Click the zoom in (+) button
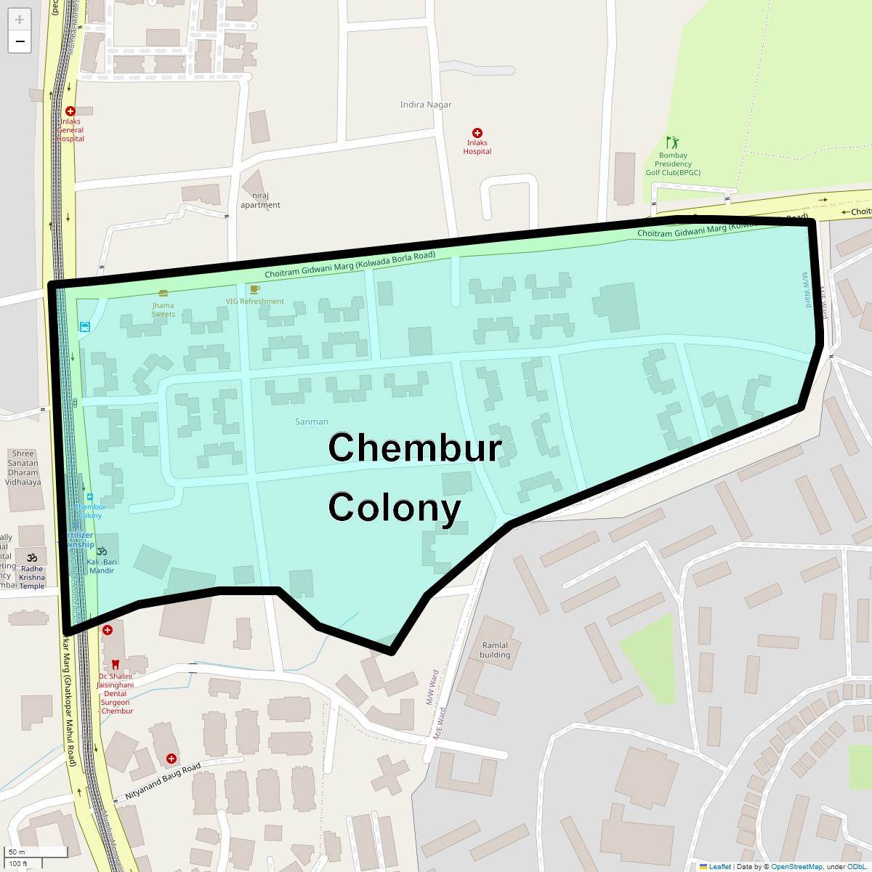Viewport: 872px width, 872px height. pos(20,20)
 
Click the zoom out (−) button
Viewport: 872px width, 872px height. pos(20,41)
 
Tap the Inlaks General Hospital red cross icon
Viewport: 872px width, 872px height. pos(70,111)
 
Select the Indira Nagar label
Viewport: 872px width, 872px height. pos(426,105)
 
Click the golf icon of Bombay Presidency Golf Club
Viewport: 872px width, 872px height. pos(673,142)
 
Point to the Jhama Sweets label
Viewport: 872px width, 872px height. pos(163,310)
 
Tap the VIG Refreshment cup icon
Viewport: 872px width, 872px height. pos(255,289)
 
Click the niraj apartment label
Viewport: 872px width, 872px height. pos(260,201)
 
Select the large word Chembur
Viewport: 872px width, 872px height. pos(415,448)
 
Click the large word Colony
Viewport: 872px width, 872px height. pos(395,507)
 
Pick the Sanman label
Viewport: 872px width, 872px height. pos(312,421)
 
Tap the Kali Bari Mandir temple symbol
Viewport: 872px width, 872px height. pos(102,551)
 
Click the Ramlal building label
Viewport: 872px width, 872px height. pos(495,650)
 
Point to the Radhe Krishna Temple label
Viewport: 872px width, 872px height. pos(32,578)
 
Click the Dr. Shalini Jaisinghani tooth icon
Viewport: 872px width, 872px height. pos(115,664)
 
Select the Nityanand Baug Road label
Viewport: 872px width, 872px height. pos(163,783)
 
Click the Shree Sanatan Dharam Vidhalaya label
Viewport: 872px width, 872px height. pos(23,467)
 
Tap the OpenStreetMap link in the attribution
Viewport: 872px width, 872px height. pos(796,866)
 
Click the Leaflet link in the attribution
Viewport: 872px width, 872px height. pos(719,866)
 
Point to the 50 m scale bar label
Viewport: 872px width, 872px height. pos(17,852)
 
